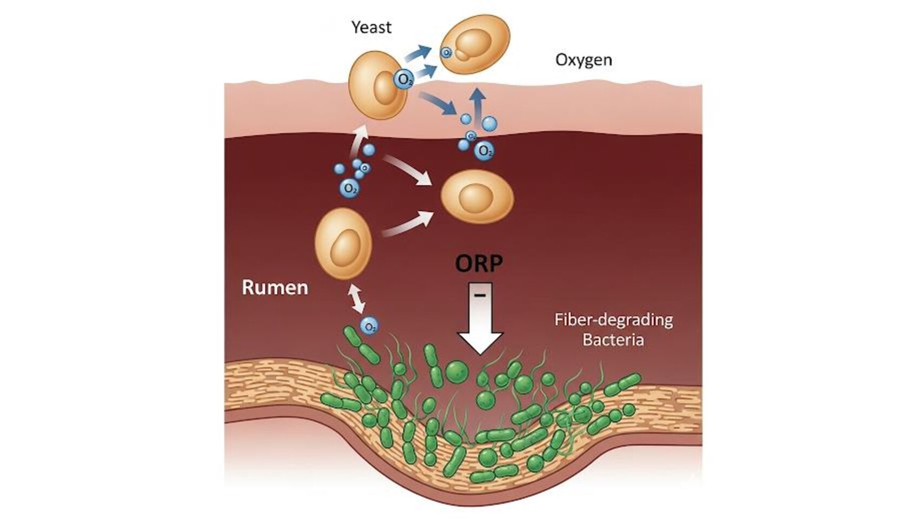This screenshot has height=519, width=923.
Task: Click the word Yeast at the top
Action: tap(371, 28)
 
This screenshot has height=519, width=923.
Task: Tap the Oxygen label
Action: tap(583, 59)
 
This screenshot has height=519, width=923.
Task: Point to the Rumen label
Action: tap(275, 287)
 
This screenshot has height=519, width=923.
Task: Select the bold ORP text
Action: tap(479, 264)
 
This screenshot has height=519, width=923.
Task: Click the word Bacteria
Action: tap(613, 341)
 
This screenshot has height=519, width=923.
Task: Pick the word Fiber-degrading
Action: tap(613, 320)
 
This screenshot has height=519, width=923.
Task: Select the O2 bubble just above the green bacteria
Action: tap(370, 327)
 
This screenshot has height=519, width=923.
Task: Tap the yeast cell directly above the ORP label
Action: tap(477, 196)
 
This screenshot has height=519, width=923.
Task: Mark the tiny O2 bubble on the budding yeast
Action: tap(447, 52)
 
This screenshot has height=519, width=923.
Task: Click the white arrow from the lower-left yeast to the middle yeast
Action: tap(408, 224)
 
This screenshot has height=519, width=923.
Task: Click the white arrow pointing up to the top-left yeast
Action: tap(358, 137)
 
